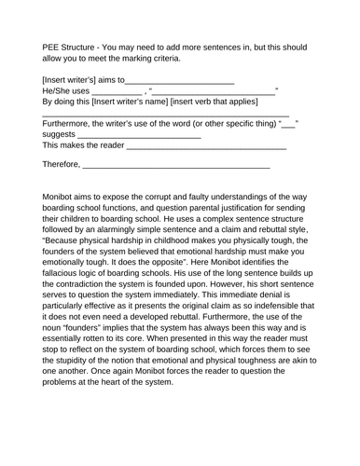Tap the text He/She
click(58, 90)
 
